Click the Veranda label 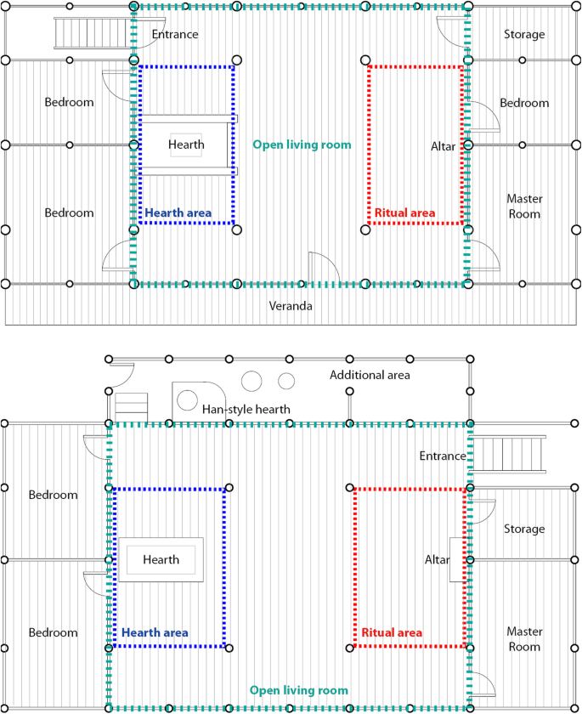coord(291,306)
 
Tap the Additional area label coord(370,375)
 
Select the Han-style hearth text coord(246,410)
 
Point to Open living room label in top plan coord(302,145)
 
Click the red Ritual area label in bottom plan coord(392,633)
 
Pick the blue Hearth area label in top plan coord(178,213)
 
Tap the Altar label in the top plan coord(444,147)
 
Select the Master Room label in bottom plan coord(523,639)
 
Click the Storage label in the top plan coord(524,35)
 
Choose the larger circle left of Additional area coord(252,381)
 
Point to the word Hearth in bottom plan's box coord(161,560)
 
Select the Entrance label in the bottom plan coord(443,456)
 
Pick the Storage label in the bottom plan coord(523,529)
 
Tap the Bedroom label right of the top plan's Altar coord(523,103)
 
